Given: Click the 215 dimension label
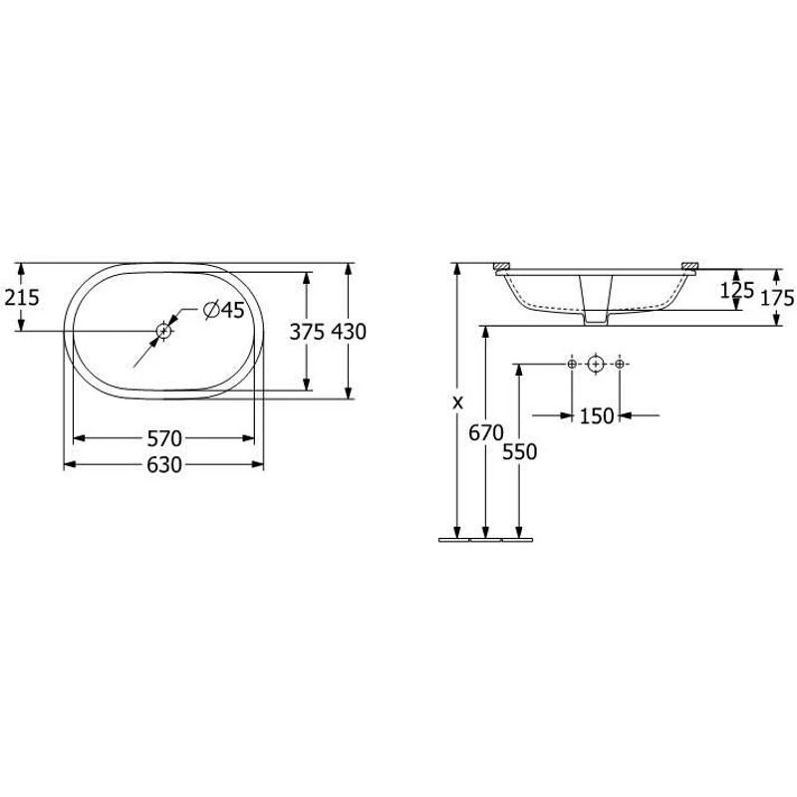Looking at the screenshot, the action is (x=22, y=297).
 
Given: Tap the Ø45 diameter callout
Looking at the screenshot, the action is (x=224, y=310).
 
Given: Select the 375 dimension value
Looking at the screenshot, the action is (x=307, y=332).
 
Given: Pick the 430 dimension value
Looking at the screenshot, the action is (x=349, y=332).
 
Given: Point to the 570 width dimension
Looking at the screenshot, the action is (x=164, y=438).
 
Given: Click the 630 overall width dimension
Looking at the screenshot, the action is (x=164, y=464).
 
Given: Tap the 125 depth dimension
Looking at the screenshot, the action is (x=737, y=290).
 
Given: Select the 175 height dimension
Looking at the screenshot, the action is (x=777, y=297).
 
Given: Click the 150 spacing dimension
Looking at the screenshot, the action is (x=597, y=416).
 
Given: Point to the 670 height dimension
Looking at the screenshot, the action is (x=486, y=433).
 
